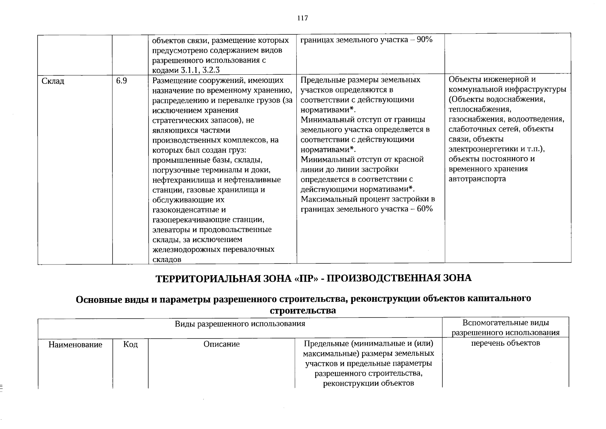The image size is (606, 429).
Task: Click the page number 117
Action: [x=302, y=18]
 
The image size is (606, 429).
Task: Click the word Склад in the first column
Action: [x=53, y=81]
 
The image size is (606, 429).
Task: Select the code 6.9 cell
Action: [x=121, y=81]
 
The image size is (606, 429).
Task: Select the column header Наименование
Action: [x=75, y=345]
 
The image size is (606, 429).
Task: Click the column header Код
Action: [x=130, y=345]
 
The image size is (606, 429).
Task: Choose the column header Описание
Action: [x=221, y=344]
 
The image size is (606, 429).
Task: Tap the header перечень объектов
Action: [x=505, y=343]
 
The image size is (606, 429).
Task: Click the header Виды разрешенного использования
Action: [x=240, y=324]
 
